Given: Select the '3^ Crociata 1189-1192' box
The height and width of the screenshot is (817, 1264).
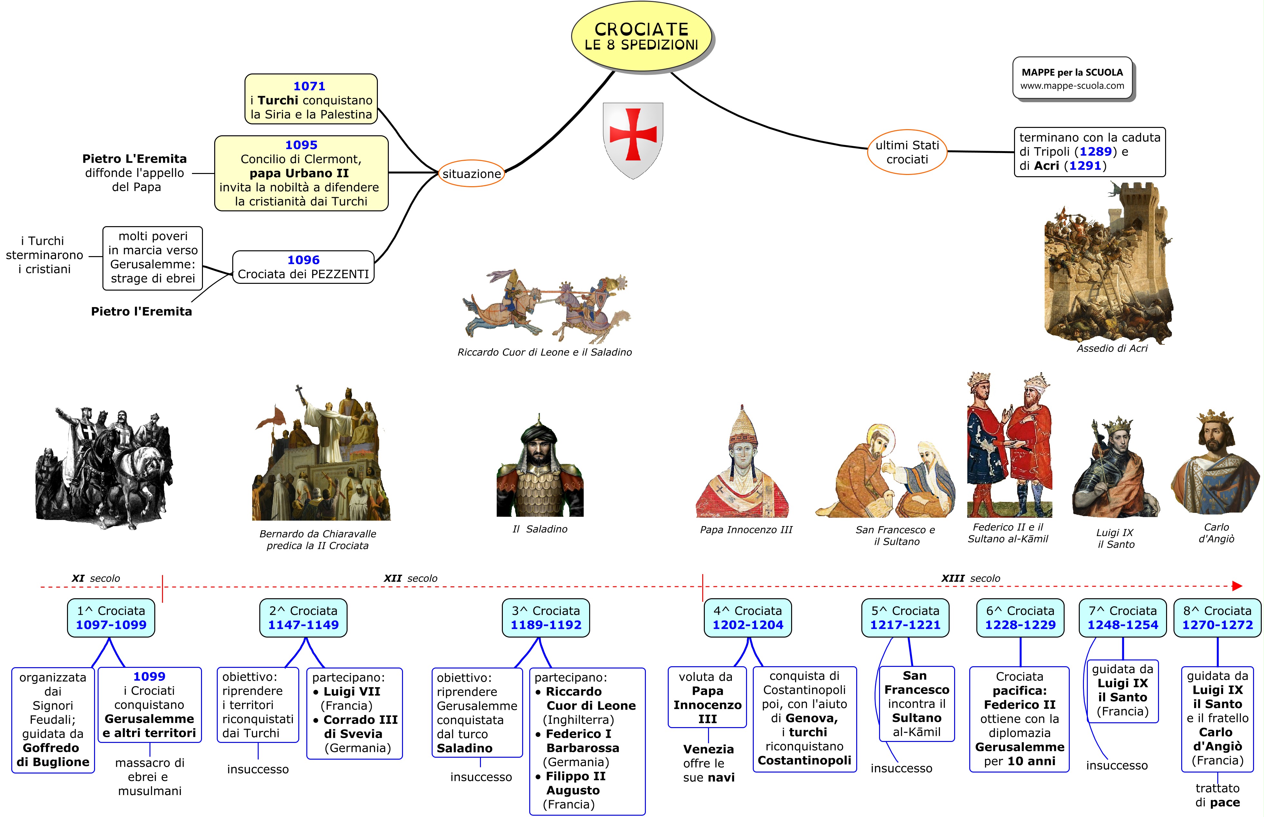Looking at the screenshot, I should (546, 618).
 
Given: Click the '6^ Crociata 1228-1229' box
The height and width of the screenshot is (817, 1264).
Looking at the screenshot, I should (1020, 618).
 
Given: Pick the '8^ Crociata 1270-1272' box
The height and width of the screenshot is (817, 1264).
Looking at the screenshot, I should (1217, 618).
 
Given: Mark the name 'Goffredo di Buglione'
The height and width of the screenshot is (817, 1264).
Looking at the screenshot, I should (53, 755).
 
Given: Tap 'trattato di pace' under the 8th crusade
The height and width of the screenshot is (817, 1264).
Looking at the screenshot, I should (1217, 795).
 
